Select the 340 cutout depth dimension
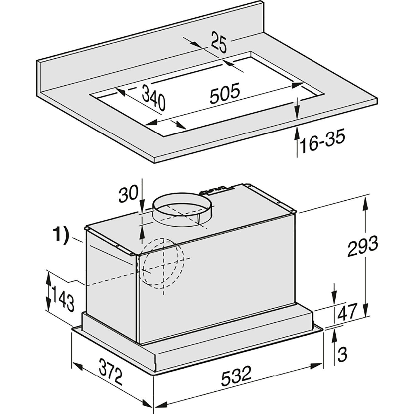click(x=153, y=98)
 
